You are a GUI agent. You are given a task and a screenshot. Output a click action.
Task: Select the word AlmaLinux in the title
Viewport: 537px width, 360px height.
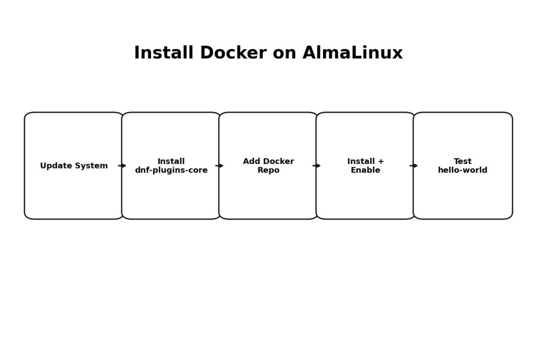[352, 53]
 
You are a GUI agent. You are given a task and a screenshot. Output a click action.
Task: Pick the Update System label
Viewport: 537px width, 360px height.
[74, 166]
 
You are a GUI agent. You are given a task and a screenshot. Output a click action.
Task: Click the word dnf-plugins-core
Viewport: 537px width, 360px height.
[171, 170]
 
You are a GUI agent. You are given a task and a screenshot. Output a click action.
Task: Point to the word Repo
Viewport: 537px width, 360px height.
[268, 170]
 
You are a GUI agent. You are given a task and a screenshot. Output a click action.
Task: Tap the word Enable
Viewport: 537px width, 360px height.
[366, 170]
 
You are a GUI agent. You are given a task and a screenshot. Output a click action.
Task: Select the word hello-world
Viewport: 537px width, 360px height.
[463, 170]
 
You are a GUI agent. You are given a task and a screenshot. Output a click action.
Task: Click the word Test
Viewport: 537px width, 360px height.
[463, 161]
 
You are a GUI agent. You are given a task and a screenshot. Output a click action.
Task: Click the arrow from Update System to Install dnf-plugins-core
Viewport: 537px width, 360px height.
[122, 166]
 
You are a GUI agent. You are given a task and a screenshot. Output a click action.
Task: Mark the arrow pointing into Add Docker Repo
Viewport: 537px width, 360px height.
[219, 166]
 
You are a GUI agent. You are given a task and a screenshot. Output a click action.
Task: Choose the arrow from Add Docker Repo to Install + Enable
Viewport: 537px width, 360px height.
[317, 166]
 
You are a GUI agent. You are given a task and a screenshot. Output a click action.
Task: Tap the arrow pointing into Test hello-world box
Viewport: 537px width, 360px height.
[414, 166]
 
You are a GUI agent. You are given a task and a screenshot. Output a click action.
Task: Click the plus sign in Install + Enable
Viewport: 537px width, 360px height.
[380, 161]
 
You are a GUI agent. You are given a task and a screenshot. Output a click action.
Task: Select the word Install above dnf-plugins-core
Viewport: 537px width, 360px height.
[171, 161]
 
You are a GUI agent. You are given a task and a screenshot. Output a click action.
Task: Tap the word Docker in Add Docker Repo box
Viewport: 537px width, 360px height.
[278, 161]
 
